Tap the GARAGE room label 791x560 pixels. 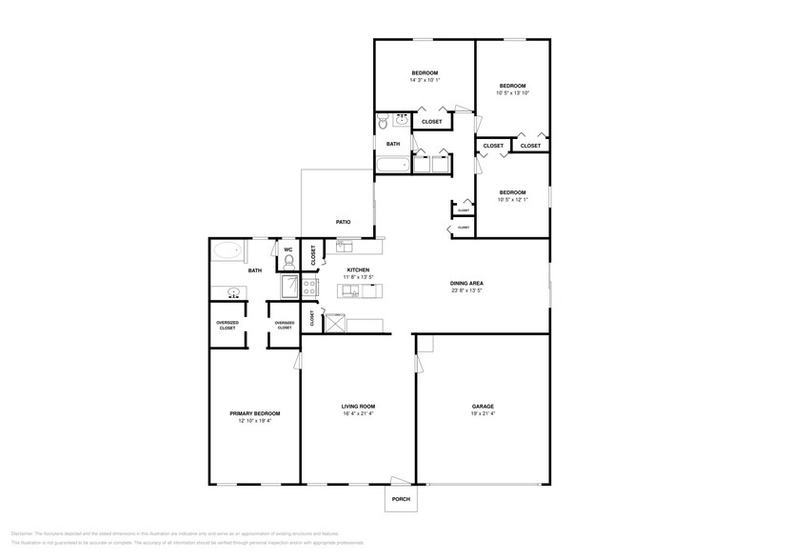(x=483, y=406)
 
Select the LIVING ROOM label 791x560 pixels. (x=358, y=406)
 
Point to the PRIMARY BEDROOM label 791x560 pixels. (x=255, y=413)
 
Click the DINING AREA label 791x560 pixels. (x=466, y=283)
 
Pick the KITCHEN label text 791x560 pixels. (x=358, y=270)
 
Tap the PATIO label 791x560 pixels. (x=343, y=222)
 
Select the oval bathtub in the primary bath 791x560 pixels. (x=227, y=252)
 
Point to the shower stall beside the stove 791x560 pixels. (x=289, y=286)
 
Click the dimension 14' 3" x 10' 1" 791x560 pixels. (x=425, y=81)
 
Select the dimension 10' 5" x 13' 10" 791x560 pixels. (x=512, y=93)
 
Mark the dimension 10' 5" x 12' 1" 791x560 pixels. (x=512, y=200)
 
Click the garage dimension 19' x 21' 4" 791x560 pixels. (x=483, y=413)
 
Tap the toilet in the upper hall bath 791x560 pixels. (x=384, y=121)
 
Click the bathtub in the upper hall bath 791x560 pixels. (x=392, y=164)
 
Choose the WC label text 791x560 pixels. (x=287, y=250)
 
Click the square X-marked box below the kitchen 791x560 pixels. (x=334, y=324)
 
